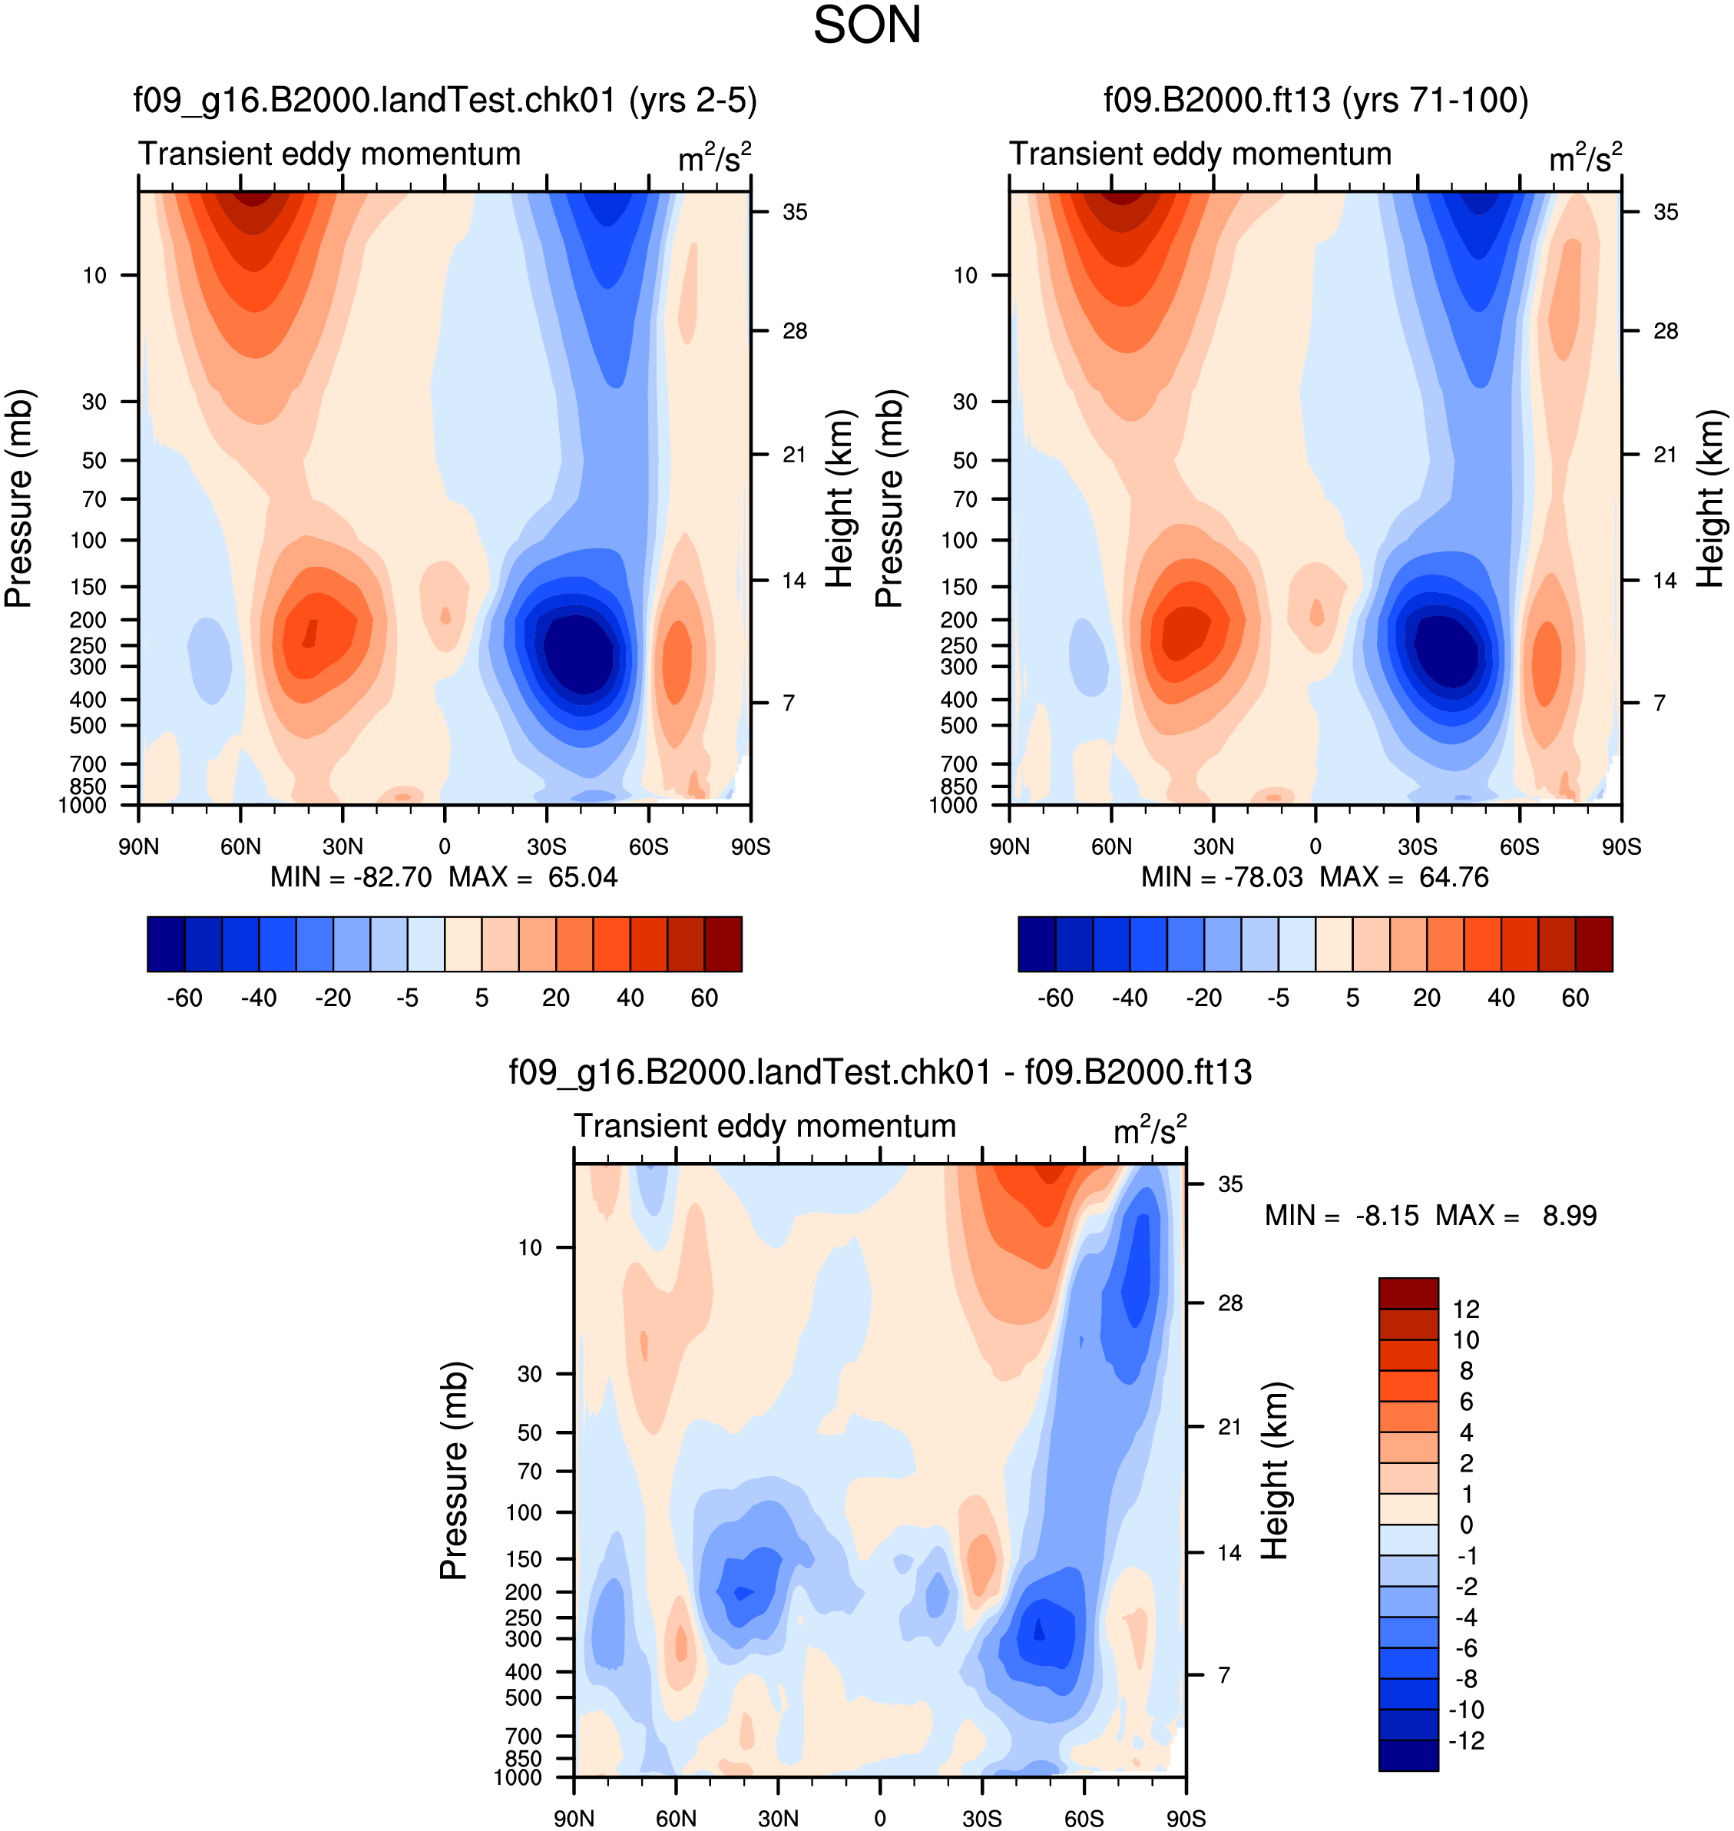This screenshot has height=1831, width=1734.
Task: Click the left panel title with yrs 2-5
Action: coord(445,99)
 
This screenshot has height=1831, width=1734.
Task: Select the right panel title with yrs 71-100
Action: coord(1316,99)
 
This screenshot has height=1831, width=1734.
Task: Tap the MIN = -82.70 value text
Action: coord(351,877)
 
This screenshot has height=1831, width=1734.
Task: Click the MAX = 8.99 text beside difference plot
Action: coord(1516,1216)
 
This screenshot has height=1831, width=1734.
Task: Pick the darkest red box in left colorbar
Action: coord(723,944)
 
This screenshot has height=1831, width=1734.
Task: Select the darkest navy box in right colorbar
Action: coord(1037,944)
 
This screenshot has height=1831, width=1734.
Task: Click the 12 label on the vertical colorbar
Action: coord(1466,1309)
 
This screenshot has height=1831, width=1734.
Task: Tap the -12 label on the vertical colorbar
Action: coord(1466,1740)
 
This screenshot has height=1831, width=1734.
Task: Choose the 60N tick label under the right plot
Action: coord(1111,846)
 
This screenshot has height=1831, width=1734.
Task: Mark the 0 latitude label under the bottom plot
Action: coord(880,1818)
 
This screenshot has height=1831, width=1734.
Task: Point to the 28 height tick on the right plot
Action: coord(1665,331)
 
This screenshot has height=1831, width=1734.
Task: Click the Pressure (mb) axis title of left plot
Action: coord(18,499)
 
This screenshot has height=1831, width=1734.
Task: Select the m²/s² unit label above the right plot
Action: coord(1585,157)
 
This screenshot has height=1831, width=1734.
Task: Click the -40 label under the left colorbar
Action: coord(259,998)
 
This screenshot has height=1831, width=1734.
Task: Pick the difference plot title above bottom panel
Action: coord(880,1072)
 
